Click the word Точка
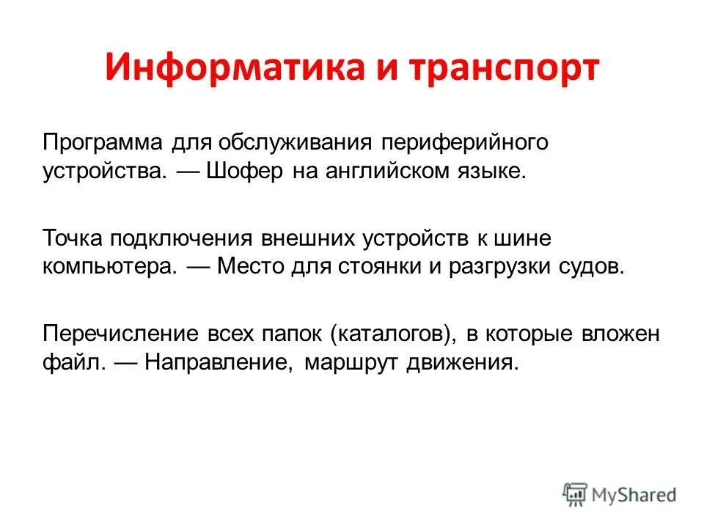[x=73, y=238]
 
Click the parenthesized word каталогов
[x=389, y=334]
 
